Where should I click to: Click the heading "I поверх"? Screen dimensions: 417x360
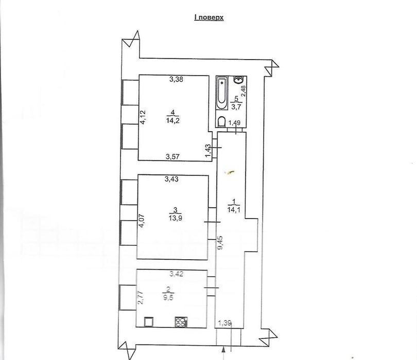point(209,17)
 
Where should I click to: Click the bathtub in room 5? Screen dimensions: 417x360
point(221,93)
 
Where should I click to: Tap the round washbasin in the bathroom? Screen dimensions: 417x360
point(238,79)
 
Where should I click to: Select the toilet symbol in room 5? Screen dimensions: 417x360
point(221,121)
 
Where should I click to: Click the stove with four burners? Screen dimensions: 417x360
point(181,322)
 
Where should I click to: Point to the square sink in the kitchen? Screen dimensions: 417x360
point(149,322)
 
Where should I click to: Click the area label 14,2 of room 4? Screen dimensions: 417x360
point(173,121)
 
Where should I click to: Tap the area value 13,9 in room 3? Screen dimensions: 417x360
point(175,218)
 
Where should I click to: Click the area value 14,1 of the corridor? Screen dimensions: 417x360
point(234,210)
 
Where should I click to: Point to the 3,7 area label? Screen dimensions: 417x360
point(236,107)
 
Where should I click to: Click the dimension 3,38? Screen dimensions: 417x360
point(176,79)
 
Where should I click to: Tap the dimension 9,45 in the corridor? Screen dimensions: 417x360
point(220,243)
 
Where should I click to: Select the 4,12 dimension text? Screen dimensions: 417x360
point(143,117)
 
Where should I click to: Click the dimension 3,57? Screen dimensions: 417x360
point(172,157)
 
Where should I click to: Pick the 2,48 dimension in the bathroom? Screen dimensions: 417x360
point(244,91)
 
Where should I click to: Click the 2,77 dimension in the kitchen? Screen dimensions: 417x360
point(142,297)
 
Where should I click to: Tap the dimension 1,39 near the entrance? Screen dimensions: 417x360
point(225,323)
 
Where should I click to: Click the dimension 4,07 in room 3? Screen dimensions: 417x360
point(142,221)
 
